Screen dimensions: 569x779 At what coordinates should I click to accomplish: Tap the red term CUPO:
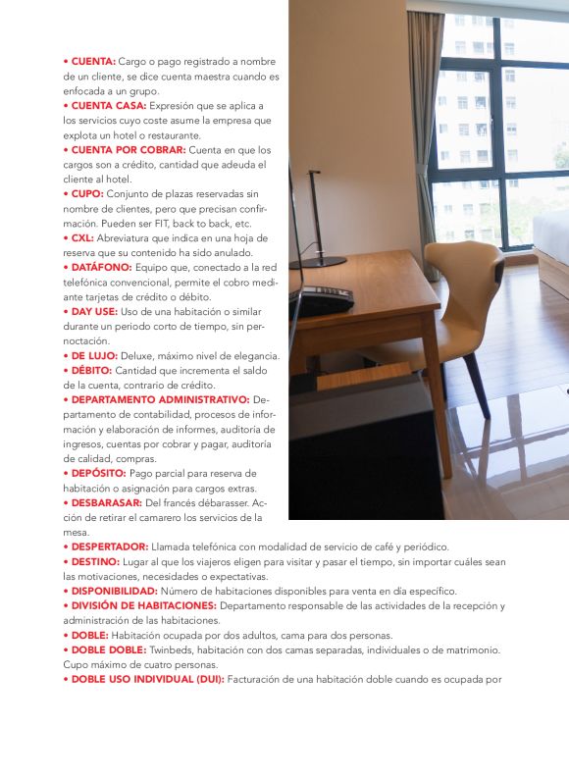pyautogui.click(x=99, y=193)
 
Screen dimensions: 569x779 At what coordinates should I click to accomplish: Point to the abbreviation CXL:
pyautogui.click(x=94, y=237)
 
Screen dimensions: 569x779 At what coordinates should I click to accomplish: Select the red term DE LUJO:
pyautogui.click(x=93, y=355)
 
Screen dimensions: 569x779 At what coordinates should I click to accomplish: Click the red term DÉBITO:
pyautogui.click(x=91, y=370)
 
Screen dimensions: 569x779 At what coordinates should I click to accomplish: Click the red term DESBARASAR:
pyautogui.click(x=107, y=502)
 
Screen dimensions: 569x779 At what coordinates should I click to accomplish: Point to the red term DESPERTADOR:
pyautogui.click(x=109, y=546)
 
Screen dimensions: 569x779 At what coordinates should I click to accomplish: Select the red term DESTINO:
pyautogui.click(x=94, y=561)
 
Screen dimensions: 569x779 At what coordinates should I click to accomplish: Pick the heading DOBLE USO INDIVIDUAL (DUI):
pyautogui.click(x=147, y=679)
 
